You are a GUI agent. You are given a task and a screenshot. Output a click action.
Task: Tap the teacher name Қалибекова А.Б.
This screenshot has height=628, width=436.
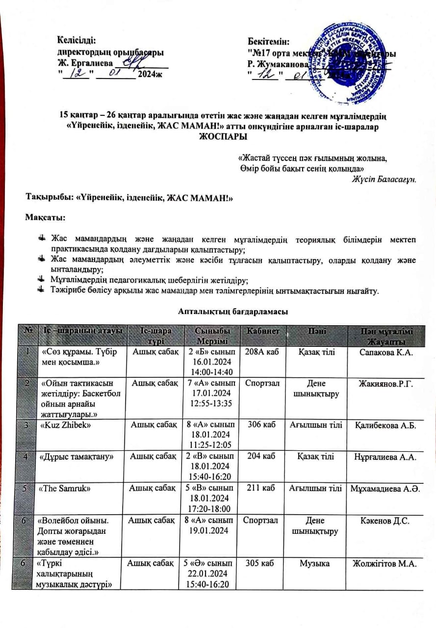(385, 425)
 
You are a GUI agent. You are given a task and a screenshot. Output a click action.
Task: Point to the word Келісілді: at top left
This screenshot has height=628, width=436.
(77, 41)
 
